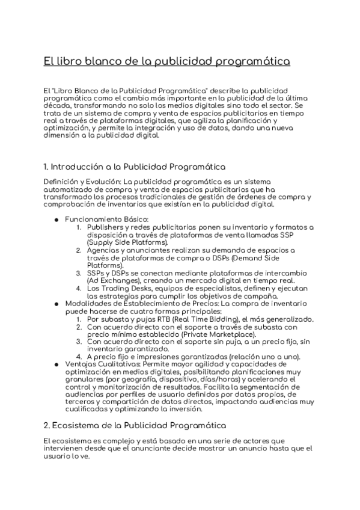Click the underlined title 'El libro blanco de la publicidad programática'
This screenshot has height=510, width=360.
[166, 61]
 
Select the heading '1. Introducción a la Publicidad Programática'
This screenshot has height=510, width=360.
[135, 166]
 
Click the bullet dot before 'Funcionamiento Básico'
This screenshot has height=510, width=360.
[56, 220]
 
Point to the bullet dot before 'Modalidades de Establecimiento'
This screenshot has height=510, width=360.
[56, 303]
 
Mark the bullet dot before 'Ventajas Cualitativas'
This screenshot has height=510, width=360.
[56, 364]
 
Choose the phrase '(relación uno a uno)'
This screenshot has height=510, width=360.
[260, 357]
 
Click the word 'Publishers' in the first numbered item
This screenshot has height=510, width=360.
[106, 227]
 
